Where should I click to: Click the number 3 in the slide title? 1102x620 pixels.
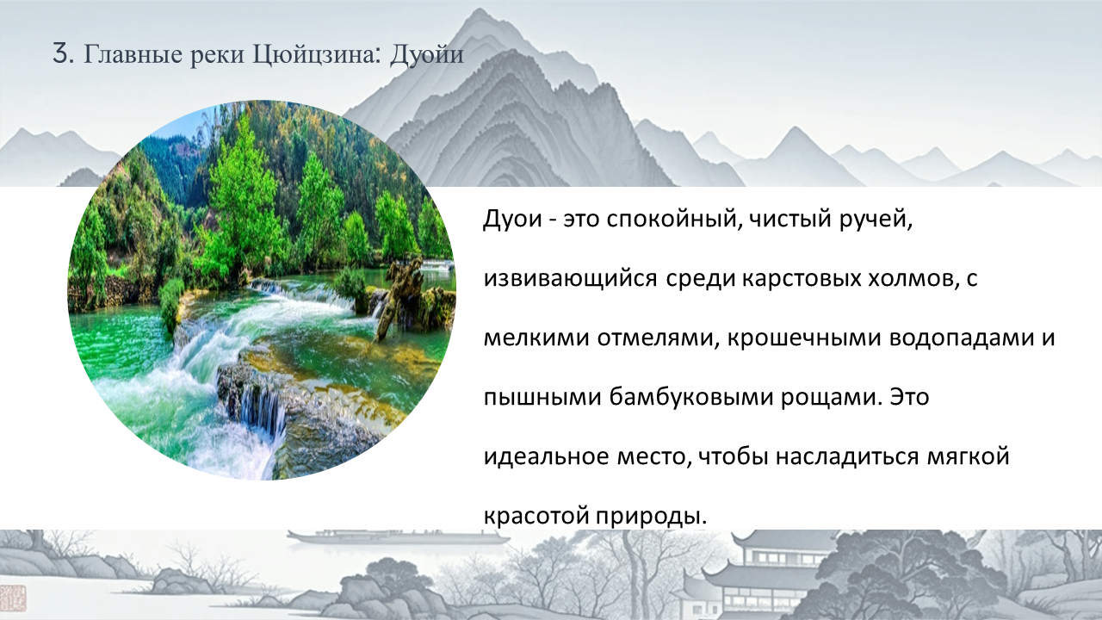point(60,53)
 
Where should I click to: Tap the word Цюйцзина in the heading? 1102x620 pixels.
point(316,55)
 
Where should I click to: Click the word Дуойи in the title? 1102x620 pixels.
point(426,55)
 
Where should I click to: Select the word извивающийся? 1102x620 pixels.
point(570,279)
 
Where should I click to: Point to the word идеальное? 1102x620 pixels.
point(546,456)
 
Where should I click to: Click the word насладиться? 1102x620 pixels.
point(847,456)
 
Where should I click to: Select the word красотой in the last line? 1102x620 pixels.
point(536,516)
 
